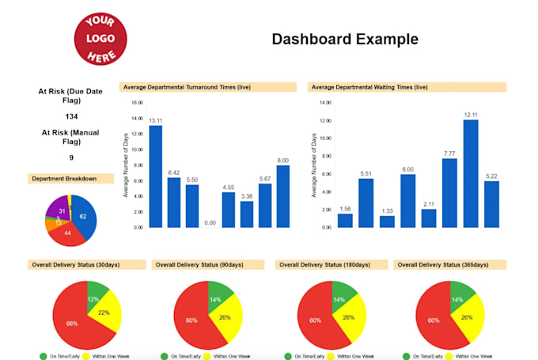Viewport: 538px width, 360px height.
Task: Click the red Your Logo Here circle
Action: point(101,37)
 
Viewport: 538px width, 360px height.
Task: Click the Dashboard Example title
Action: point(345,39)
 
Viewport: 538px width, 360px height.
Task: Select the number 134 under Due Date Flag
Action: point(71,116)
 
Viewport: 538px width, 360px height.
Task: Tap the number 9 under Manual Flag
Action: point(71,157)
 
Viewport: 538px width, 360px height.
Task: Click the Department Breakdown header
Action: point(64,179)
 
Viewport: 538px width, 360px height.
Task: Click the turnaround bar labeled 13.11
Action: point(156,176)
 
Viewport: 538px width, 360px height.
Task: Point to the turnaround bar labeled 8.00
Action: point(282,195)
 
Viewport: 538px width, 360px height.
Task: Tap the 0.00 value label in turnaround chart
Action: point(210,223)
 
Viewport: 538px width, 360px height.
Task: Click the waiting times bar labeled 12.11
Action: point(471,173)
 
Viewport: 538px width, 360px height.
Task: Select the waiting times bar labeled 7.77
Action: point(449,192)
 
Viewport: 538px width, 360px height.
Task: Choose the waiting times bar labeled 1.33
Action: point(387,221)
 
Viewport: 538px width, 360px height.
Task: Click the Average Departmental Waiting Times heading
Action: point(369,86)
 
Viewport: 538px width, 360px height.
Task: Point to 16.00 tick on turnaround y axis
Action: point(136,103)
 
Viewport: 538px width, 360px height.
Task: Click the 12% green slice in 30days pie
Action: point(96,297)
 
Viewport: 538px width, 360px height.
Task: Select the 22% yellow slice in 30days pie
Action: point(106,314)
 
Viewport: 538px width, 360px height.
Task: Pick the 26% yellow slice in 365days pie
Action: point(468,316)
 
